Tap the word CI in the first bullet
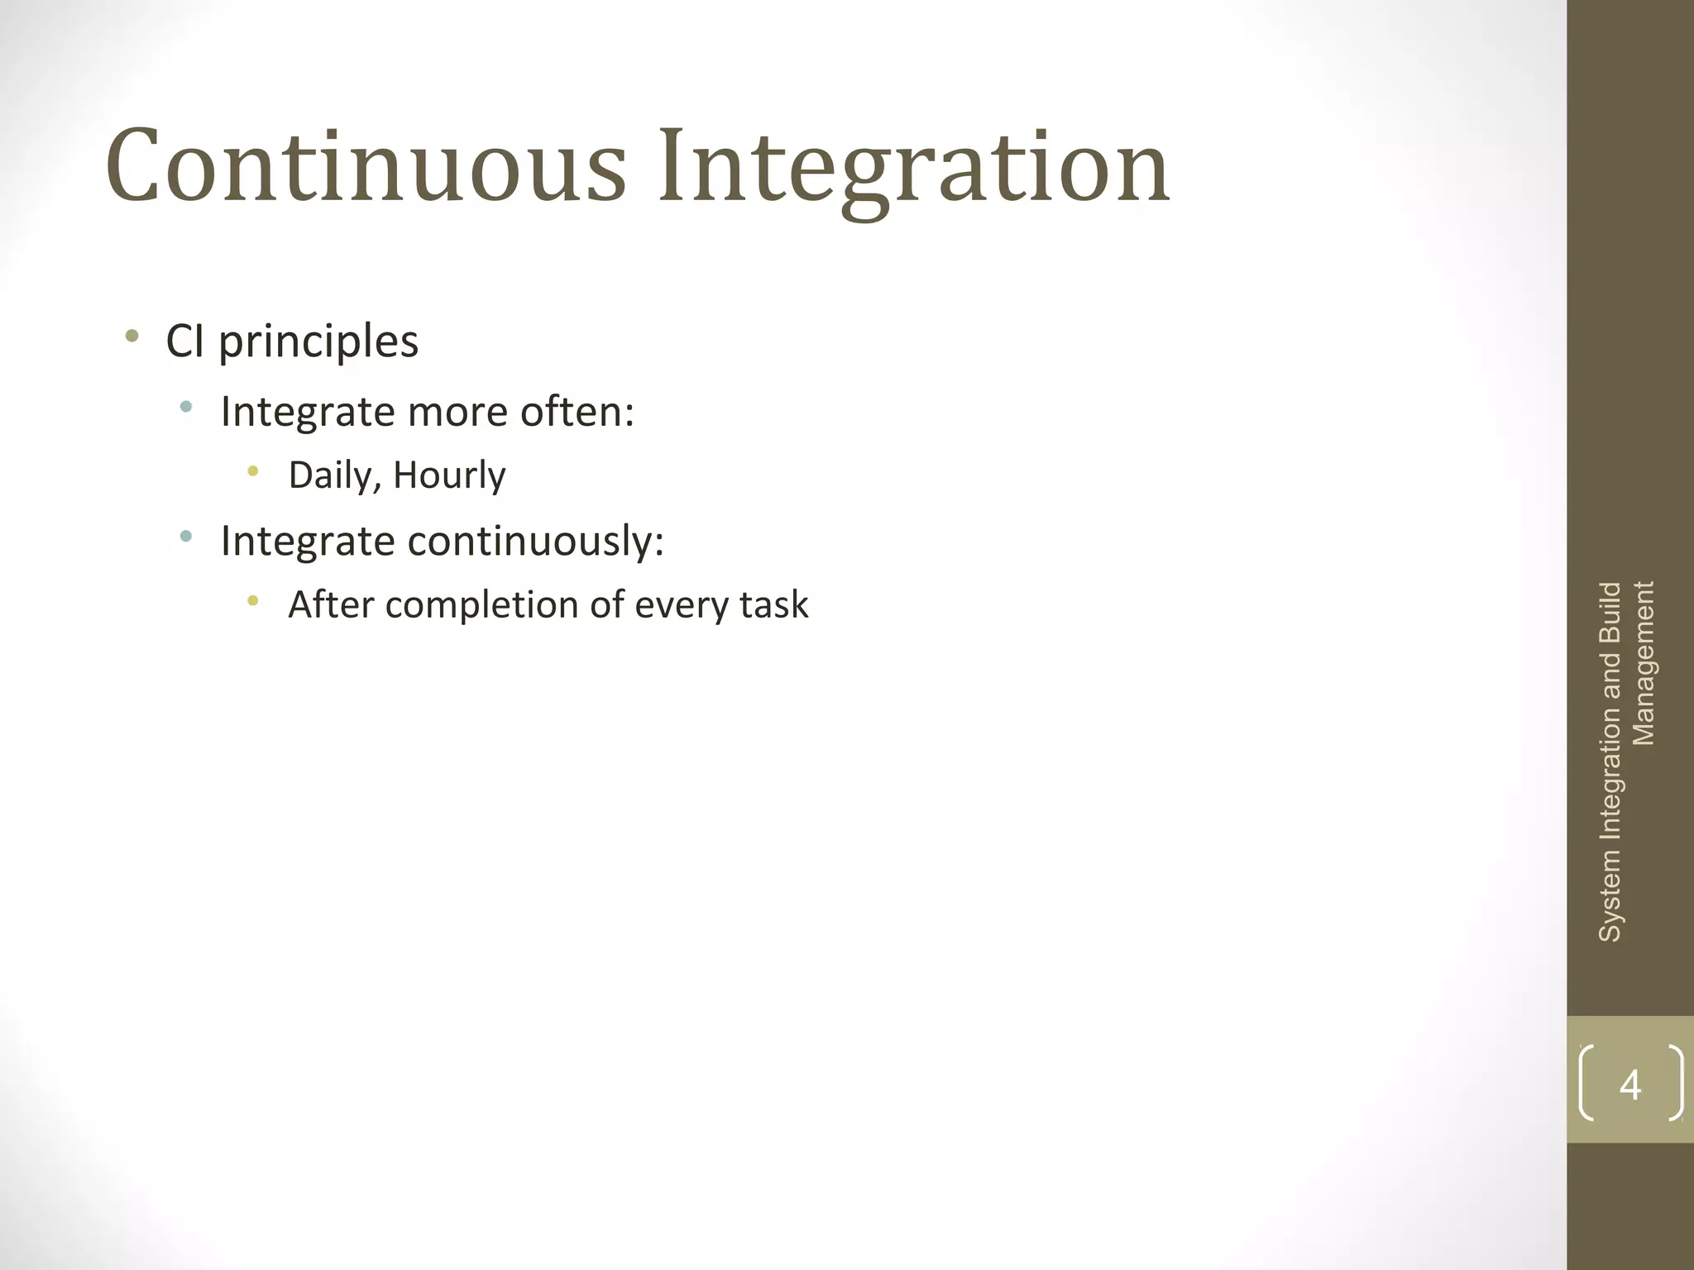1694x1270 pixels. click(x=185, y=341)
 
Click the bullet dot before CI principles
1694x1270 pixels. click(x=132, y=336)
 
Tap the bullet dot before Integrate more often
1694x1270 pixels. click(x=186, y=407)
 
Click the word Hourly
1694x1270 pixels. click(x=449, y=475)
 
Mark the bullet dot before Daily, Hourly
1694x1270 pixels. click(x=253, y=471)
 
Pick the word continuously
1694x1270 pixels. click(x=535, y=542)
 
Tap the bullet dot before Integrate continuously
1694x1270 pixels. click(x=186, y=537)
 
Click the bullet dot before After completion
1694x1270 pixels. click(x=253, y=601)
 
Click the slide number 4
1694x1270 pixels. click(x=1629, y=1084)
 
